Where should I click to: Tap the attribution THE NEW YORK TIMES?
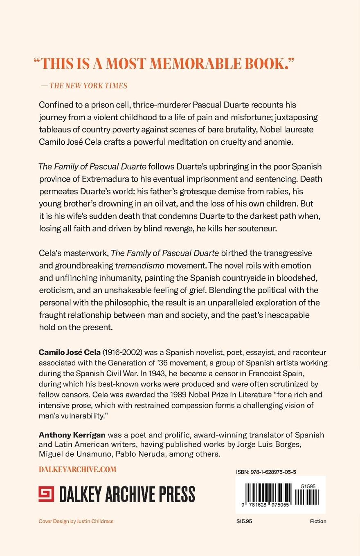pos(88,85)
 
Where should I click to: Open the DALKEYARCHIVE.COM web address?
pos(77,469)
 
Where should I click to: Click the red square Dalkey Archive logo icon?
pos(46,494)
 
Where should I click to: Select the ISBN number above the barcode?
pos(266,471)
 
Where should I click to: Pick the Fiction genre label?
pos(318,521)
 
